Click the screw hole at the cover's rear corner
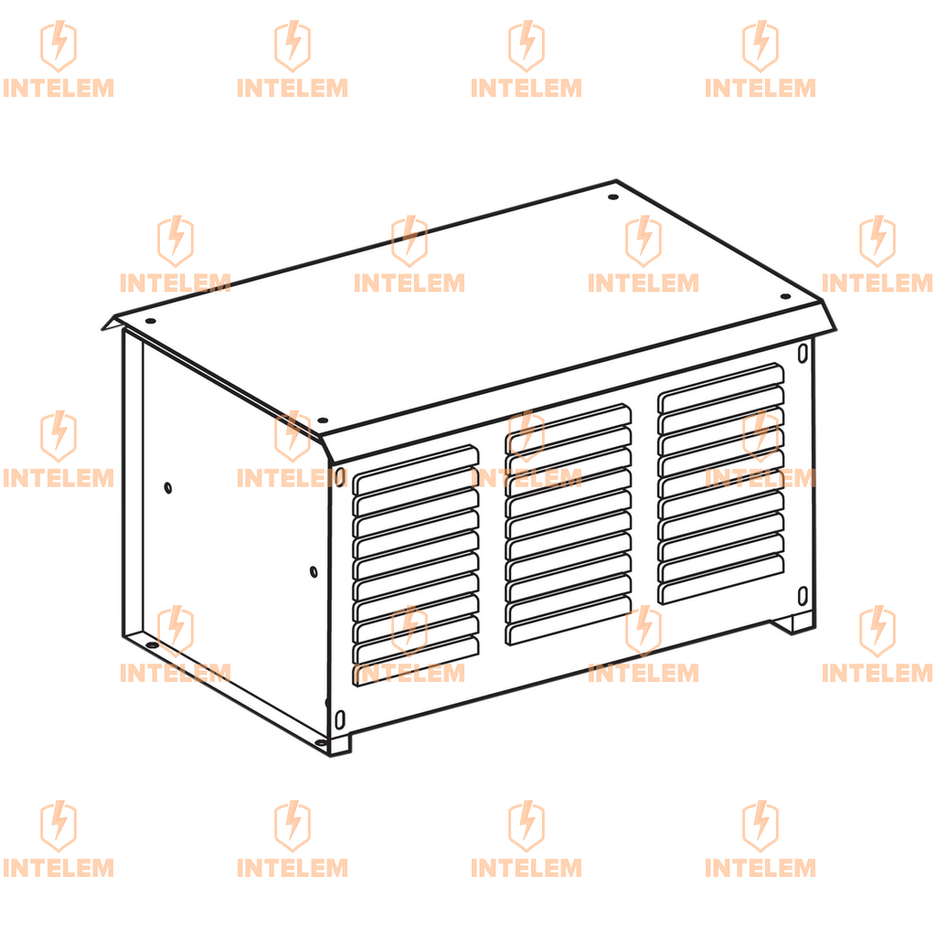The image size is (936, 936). pyautogui.click(x=613, y=197)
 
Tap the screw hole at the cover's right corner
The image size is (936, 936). pyautogui.click(x=785, y=296)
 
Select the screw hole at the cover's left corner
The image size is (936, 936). pyautogui.click(x=151, y=321)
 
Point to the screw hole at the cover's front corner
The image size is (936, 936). pyautogui.click(x=323, y=420)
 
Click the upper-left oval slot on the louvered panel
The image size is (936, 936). pyautogui.click(x=340, y=477)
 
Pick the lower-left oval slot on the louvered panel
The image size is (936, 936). pyautogui.click(x=340, y=719)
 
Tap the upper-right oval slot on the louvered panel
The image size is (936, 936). pyautogui.click(x=803, y=353)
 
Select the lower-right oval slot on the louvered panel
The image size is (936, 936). pyautogui.click(x=803, y=596)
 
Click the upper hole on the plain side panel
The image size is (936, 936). pyautogui.click(x=168, y=488)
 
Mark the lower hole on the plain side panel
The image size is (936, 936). pyautogui.click(x=314, y=572)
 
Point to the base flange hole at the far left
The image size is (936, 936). pyautogui.click(x=152, y=646)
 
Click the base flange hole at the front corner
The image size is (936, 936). pyautogui.click(x=321, y=743)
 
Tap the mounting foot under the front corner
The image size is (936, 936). pyautogui.click(x=340, y=744)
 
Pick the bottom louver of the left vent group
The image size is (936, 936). pyautogui.click(x=416, y=661)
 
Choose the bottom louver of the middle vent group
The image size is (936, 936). pyautogui.click(x=569, y=621)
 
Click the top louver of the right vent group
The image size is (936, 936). pyautogui.click(x=721, y=388)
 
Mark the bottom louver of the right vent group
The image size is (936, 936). pyautogui.click(x=721, y=579)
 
